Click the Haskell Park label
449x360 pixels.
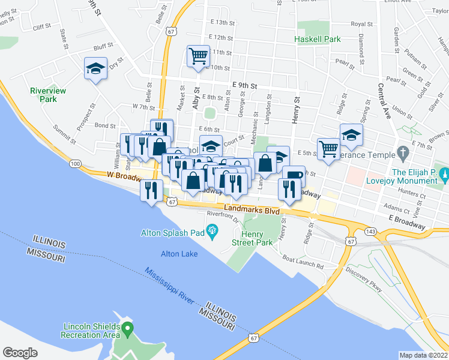318,40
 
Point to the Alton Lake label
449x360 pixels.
179,254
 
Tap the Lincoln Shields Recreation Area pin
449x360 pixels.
127,328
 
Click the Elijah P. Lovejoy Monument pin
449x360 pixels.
444,175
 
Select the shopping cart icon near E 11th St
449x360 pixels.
198,57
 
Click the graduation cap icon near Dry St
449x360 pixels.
95,69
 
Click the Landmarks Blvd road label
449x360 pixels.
252,211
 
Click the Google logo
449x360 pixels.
20,353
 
